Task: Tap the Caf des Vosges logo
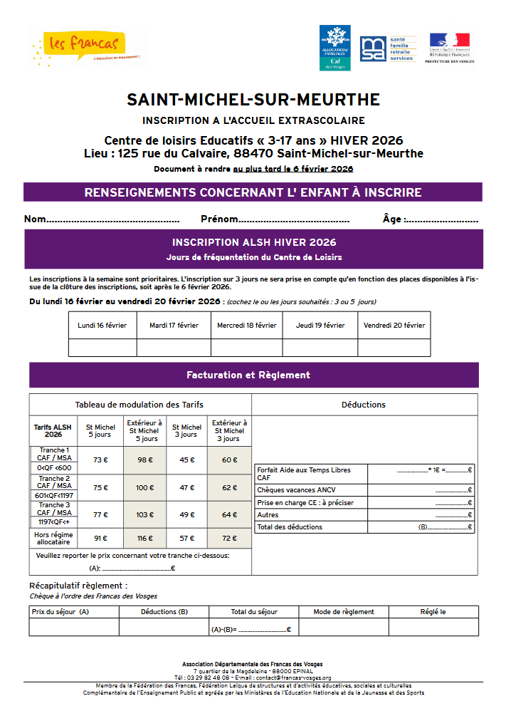(x=334, y=47)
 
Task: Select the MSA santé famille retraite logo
(x=387, y=48)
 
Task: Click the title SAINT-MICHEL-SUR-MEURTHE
(x=253, y=100)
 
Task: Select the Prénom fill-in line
(x=293, y=220)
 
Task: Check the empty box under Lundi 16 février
(x=102, y=348)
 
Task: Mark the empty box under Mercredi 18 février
(x=247, y=348)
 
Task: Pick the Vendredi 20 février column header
(x=394, y=326)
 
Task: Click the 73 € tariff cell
(x=100, y=460)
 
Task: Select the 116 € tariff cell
(x=144, y=538)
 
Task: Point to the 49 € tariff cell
(x=186, y=514)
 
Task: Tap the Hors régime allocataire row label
(x=53, y=538)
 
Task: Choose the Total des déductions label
(x=290, y=527)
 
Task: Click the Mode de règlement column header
(x=344, y=611)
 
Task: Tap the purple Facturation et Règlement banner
(x=253, y=375)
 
